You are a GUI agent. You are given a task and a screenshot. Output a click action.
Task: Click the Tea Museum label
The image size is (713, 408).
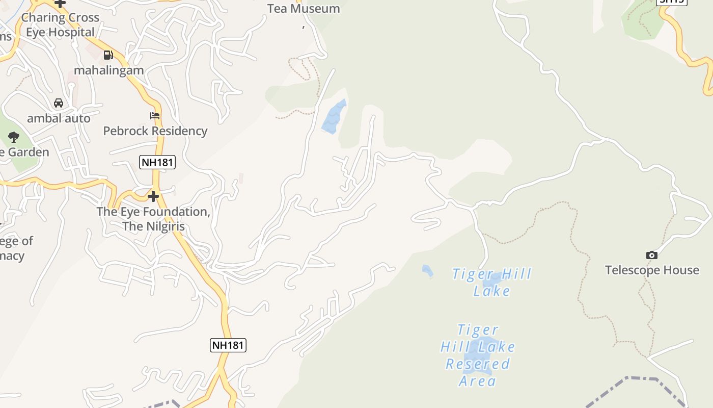pos(304,9)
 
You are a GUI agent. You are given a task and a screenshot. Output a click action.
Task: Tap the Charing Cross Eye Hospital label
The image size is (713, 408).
pos(60,24)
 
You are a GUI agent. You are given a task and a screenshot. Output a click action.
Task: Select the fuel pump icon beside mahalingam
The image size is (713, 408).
pos(108,55)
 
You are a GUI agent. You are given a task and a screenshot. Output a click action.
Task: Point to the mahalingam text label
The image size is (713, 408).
pos(109,70)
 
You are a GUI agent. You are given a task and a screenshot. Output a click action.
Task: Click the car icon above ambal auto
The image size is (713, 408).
pos(59,103)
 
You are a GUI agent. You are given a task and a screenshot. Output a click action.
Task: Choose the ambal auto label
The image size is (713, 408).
pos(59,118)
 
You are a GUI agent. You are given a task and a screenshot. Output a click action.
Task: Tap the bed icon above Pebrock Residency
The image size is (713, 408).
pos(155,116)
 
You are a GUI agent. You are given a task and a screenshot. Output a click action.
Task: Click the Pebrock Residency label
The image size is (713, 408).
pos(155,131)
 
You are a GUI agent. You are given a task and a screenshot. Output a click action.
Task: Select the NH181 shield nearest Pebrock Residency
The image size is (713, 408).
pos(157,163)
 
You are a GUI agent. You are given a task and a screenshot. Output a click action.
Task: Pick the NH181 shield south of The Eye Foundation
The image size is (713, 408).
pos(228,345)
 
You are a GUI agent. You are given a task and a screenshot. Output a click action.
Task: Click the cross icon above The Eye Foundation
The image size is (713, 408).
pos(153,196)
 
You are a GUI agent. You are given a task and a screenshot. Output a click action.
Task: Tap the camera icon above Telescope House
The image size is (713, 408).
pos(651,255)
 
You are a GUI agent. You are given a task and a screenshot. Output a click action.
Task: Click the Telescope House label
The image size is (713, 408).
pos(652,270)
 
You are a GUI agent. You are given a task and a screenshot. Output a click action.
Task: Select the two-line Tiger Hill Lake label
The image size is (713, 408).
pos(491,282)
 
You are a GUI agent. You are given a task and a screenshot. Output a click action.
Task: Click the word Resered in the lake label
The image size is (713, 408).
pos(477,364)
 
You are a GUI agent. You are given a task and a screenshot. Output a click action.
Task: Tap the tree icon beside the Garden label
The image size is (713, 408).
pos(14,137)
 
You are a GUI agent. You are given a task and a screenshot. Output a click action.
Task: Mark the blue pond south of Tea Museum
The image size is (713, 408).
pos(334,117)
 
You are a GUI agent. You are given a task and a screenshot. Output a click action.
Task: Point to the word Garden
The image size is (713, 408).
pos(30,152)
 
